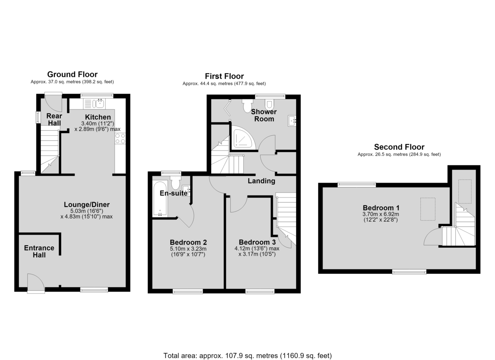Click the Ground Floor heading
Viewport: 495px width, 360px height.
pos(72,74)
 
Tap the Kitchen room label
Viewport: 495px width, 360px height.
pos(98,117)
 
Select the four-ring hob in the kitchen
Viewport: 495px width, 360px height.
pos(120,139)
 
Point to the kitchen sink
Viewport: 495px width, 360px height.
pos(100,103)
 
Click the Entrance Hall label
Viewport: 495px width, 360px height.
pos(39,251)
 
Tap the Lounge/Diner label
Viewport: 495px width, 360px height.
pos(87,205)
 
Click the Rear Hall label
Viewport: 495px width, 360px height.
pos(54,119)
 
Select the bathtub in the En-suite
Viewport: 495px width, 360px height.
pos(160,199)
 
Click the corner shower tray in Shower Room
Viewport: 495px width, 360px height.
pos(243,137)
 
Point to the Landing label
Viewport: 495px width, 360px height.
pos(262,181)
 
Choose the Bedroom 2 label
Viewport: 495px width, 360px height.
pos(188,242)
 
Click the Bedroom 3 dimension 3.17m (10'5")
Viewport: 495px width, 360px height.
pos(257,254)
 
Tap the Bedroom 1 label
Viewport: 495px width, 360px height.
pos(381,208)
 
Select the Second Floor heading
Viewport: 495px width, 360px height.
pos(399,147)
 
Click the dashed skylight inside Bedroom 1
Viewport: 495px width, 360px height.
pos(428,209)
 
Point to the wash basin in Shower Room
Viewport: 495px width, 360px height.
pos(292,121)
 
